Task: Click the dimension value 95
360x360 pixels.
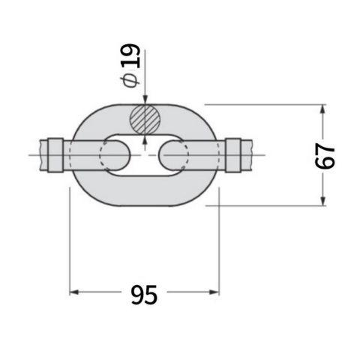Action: click(144, 295)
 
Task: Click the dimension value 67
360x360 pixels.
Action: click(325, 156)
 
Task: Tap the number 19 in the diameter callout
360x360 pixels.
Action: click(130, 55)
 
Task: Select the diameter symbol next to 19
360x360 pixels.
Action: click(130, 80)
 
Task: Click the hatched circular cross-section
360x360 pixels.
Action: click(145, 119)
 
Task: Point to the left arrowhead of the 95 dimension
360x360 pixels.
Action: click(74, 292)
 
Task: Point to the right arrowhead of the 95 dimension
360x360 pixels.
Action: click(214, 292)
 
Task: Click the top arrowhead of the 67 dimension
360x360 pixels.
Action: click(323, 109)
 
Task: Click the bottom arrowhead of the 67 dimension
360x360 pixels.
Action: click(323, 201)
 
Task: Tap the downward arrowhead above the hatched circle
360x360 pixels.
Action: click(145, 100)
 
